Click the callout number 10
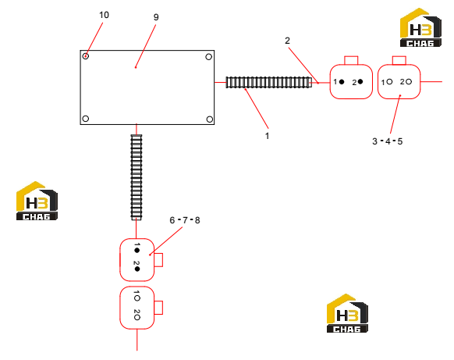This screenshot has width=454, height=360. click(x=104, y=15)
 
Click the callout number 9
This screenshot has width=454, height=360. click(x=156, y=17)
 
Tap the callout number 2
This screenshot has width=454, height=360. click(x=287, y=41)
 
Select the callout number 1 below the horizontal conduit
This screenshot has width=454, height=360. click(x=267, y=136)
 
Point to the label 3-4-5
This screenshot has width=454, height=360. click(x=388, y=141)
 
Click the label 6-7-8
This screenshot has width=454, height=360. click(x=185, y=220)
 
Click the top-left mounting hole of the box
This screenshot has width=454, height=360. click(x=85, y=56)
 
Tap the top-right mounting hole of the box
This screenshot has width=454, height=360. click(x=209, y=57)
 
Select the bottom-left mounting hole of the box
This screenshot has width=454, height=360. click(x=85, y=119)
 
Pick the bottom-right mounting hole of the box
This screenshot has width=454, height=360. click(x=210, y=119)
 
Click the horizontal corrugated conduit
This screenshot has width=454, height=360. click(x=269, y=82)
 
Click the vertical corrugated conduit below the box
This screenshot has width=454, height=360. click(x=137, y=177)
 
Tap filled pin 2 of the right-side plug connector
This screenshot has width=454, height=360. click(x=360, y=82)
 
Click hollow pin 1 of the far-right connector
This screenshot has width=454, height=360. click(x=389, y=82)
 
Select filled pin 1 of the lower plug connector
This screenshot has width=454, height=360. click(x=137, y=250)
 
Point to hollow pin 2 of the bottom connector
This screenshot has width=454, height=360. click(x=137, y=317)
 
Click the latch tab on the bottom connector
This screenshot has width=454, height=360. click(x=158, y=308)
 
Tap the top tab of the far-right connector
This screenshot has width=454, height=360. click(x=399, y=60)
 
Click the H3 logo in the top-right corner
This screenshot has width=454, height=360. click(x=420, y=27)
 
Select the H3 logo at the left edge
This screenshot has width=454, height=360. click(x=37, y=201)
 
